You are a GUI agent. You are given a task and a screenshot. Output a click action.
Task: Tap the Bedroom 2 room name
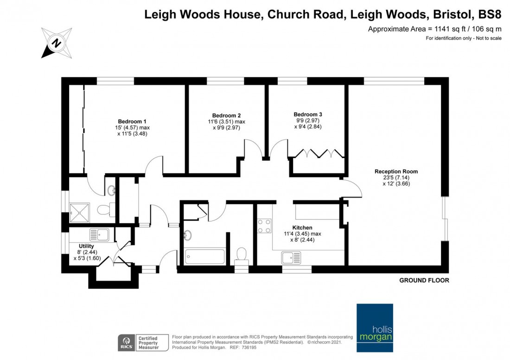point(226,115)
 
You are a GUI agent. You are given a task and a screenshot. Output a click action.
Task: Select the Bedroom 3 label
point(308,114)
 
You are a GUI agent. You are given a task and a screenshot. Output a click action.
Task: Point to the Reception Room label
point(396,171)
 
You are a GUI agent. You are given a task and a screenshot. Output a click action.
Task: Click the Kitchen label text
point(302,228)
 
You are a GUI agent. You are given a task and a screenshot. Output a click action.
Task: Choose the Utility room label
point(86,246)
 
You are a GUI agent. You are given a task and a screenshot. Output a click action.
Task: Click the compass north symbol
point(57,43)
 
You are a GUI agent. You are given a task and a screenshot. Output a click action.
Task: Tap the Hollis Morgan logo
point(375,328)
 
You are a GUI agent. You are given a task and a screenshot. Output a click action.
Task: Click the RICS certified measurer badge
point(143,343)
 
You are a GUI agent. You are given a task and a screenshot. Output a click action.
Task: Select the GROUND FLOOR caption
point(424,280)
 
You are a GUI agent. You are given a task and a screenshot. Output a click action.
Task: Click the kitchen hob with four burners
point(264,226)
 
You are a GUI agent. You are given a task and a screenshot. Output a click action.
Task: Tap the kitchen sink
point(292,258)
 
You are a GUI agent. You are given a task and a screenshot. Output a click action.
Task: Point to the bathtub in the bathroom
point(204,257)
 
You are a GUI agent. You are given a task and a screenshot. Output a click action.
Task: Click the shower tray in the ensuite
point(79,213)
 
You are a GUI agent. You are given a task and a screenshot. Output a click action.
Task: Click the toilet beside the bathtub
point(242,255)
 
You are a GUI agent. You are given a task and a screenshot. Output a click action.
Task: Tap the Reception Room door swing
point(352,189)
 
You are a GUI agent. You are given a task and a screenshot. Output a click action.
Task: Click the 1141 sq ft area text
point(448,29)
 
